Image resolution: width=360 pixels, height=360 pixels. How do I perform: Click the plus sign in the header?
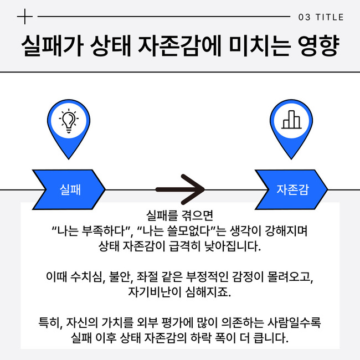click(25, 17)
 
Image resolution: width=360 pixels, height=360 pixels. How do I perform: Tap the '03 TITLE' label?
click(321, 17)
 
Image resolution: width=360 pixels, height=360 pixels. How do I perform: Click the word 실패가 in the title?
click(52, 45)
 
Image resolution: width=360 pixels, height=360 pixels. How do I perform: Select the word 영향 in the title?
click(318, 45)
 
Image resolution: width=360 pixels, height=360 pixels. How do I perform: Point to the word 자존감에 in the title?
click(180, 45)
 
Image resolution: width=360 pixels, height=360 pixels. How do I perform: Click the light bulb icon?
click(69, 121)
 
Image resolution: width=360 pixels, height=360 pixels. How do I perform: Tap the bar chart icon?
click(291, 120)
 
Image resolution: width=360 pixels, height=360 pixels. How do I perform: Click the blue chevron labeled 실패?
click(69, 189)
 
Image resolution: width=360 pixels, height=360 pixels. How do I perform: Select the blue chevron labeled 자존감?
click(291, 189)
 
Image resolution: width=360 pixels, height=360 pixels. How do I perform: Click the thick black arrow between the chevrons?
click(180, 189)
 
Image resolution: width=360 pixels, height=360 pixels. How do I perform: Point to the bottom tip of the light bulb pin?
click(69, 159)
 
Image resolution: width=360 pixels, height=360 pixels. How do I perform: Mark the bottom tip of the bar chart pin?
click(291, 159)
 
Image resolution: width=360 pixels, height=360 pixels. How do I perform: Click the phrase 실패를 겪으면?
click(180, 215)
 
